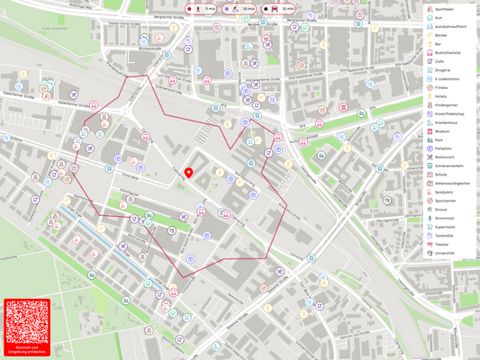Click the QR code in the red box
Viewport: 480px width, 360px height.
pos(26,320)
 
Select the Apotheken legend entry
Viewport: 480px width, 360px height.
pos(448,8)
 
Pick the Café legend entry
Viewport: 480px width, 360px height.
pos(439,61)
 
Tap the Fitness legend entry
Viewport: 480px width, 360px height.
pos(441,87)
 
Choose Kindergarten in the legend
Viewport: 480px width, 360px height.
pos(446,104)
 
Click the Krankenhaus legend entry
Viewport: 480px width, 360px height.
pos(447,121)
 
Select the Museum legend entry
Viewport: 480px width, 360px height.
pos(442,130)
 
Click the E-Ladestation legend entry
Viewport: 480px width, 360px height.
pos(448,78)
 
